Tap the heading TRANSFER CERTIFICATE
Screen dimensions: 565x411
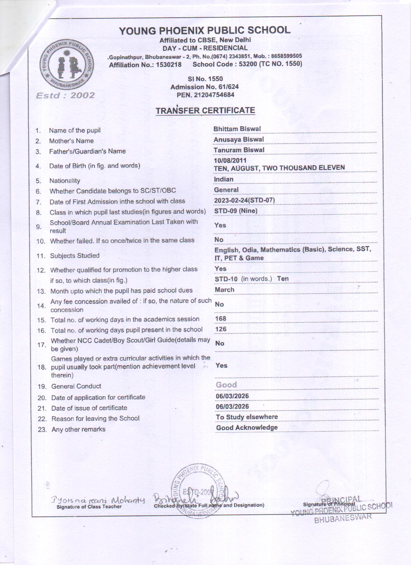coord(205,110)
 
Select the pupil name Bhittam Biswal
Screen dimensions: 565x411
coord(237,129)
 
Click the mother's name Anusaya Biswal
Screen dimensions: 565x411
coord(239,139)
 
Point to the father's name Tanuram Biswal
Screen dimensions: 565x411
coord(239,150)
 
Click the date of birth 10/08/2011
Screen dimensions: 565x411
coord(230,160)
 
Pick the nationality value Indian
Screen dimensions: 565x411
coord(224,179)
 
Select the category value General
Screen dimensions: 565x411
coord(226,190)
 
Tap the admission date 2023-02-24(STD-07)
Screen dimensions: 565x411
coord(244,200)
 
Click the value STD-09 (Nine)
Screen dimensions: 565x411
coord(236,211)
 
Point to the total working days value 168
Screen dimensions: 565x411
coord(221,318)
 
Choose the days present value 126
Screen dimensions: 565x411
coord(221,329)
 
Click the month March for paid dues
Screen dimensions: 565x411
coord(225,289)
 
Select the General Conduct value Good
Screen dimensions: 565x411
coord(226,385)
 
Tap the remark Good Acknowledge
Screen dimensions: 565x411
coord(247,428)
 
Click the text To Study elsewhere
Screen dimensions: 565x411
coord(247,417)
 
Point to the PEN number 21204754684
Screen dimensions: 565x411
coord(214,95)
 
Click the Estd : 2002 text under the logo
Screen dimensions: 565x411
coord(65,95)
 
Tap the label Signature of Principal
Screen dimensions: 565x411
coord(329,504)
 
